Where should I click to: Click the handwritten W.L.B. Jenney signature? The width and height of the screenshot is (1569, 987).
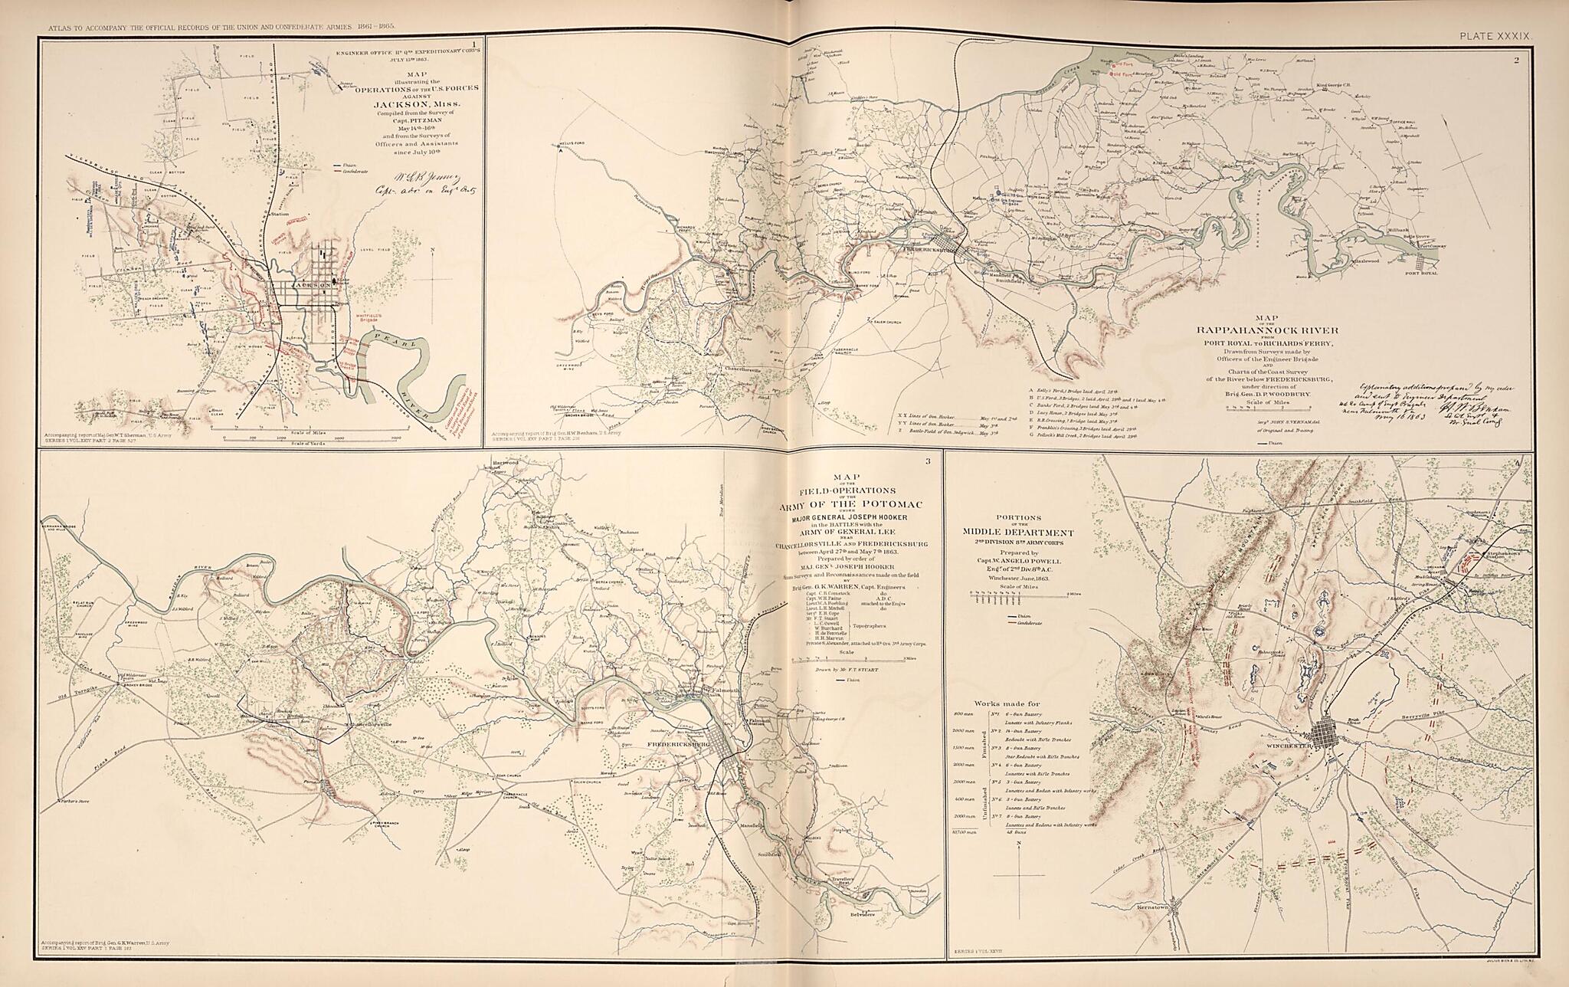(x=406, y=184)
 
